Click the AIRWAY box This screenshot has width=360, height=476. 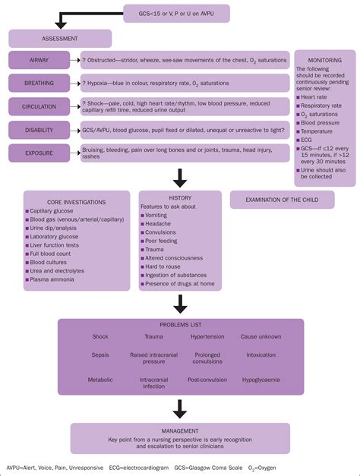click(x=39, y=60)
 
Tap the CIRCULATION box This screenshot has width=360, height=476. click(x=39, y=106)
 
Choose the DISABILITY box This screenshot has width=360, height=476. click(x=39, y=130)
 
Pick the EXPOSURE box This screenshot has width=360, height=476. click(x=39, y=153)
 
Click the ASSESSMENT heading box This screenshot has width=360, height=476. click(x=61, y=39)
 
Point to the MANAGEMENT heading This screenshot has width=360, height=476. click(x=180, y=430)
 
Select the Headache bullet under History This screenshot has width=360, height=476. click(x=160, y=224)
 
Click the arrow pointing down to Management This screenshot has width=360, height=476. click(x=180, y=408)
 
